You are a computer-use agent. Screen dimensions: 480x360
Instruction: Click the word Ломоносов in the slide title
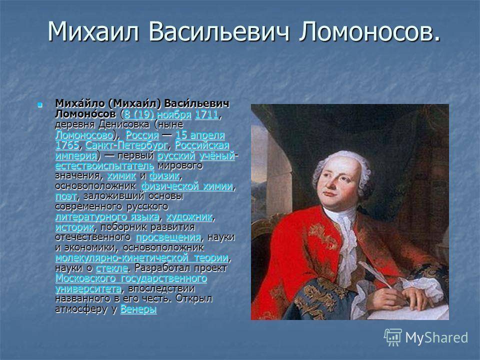(x=369, y=31)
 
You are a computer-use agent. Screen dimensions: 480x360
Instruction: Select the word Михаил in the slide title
(x=93, y=31)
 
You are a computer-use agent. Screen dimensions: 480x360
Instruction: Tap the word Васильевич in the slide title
(x=219, y=31)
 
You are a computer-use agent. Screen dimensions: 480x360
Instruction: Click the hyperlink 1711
(x=207, y=114)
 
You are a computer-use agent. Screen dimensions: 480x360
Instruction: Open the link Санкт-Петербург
(x=126, y=145)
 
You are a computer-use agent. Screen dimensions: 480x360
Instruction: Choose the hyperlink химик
(x=121, y=176)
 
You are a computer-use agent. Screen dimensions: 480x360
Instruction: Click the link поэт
(x=66, y=196)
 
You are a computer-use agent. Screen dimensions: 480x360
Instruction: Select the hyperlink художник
(x=189, y=217)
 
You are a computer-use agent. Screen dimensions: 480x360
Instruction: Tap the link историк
(x=74, y=227)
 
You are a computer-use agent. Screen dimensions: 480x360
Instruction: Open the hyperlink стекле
(x=111, y=268)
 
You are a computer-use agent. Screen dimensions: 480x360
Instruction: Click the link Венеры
(x=138, y=309)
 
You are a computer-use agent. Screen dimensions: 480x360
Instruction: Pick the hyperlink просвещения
(x=168, y=237)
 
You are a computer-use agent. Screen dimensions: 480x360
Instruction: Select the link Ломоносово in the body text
(x=84, y=135)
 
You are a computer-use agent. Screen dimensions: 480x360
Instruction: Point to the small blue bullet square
(x=39, y=105)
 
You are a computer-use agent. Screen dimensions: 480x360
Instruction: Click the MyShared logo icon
(x=393, y=337)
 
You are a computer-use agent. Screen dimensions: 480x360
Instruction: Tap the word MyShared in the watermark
(x=436, y=338)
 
